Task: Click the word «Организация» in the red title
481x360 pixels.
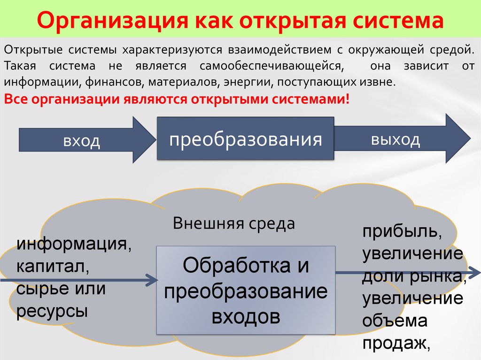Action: point(109,22)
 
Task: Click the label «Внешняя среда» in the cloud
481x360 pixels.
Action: point(233,223)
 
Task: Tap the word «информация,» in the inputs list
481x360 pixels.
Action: point(74,245)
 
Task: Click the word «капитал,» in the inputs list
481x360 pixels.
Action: point(53,267)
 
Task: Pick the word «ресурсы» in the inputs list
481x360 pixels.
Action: point(52,311)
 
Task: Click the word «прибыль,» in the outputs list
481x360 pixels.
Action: point(401,232)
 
